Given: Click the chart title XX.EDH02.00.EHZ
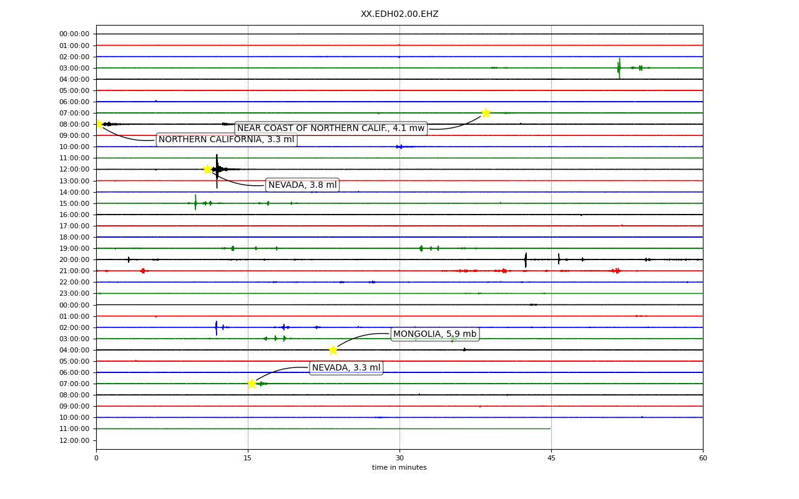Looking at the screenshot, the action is (x=399, y=14).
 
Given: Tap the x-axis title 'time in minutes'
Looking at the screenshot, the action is (x=399, y=467).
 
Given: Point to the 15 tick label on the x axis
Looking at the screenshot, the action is (x=248, y=458).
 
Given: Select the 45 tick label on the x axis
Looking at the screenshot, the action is (x=551, y=458).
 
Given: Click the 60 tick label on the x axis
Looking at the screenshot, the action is (x=703, y=458).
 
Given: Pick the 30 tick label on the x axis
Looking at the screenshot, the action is (x=400, y=458).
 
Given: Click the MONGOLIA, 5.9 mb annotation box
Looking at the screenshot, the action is (x=435, y=334).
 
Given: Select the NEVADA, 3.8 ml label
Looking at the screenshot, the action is (x=303, y=185).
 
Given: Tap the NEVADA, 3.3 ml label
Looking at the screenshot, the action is (x=346, y=367).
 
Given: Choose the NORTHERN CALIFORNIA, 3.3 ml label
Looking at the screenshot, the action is (x=227, y=139).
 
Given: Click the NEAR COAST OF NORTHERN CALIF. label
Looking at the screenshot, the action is (x=331, y=128).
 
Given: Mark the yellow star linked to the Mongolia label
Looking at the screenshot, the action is (x=333, y=350).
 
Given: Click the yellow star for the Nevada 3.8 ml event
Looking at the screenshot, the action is (x=208, y=169).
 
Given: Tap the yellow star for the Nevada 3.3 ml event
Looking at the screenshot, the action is (x=252, y=384).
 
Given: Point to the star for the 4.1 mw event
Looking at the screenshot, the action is (x=486, y=113).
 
